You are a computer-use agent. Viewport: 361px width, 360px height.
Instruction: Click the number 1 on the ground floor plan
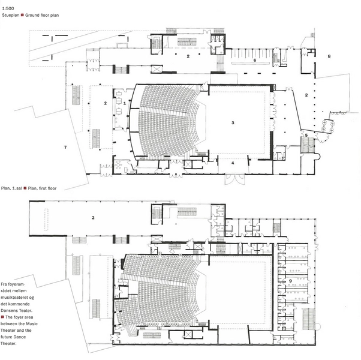coord(124,103)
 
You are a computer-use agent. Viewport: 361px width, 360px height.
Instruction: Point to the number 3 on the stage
coord(232,122)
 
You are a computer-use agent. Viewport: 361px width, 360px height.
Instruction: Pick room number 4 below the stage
coord(232,163)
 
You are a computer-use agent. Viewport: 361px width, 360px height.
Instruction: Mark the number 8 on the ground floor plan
coord(329,56)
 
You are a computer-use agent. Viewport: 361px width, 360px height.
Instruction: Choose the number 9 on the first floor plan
coord(290,280)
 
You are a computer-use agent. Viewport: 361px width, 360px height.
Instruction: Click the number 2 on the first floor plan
coord(94,218)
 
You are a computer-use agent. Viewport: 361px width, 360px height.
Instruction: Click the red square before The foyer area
coord(3,317)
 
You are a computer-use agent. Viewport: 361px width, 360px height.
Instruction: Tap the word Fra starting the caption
coord(5,282)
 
